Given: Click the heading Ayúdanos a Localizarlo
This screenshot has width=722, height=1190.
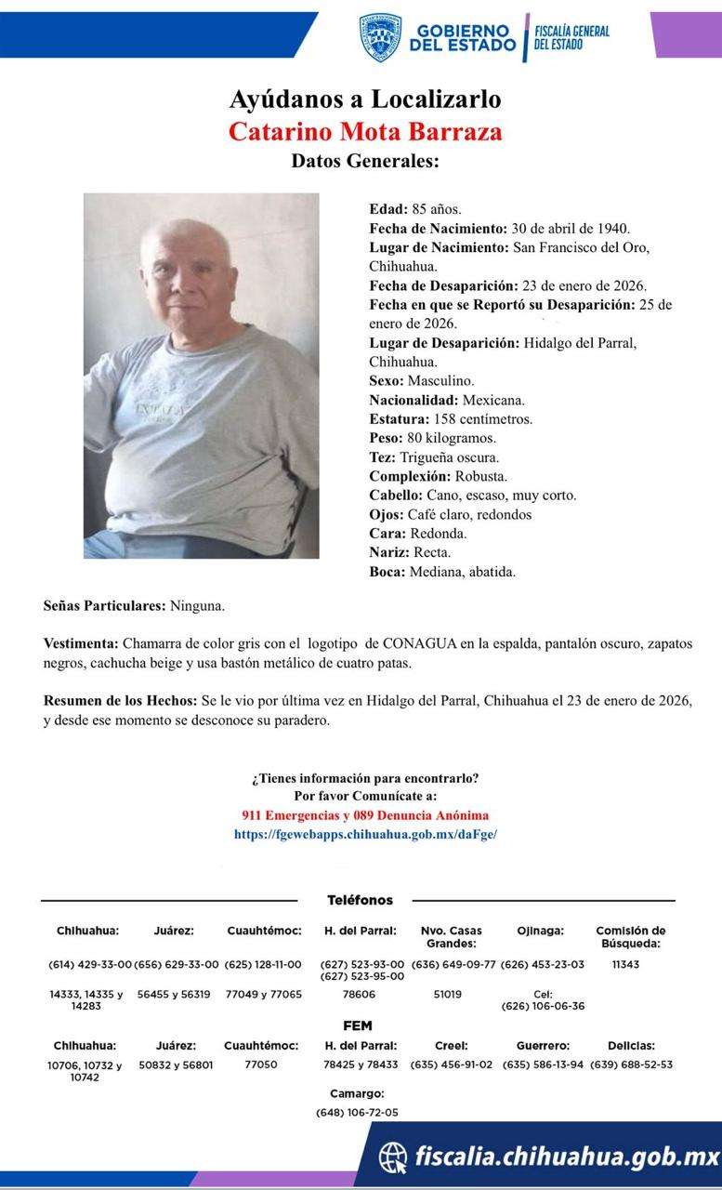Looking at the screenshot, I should [365, 99].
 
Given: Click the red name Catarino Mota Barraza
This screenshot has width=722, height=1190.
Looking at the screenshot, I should [365, 130].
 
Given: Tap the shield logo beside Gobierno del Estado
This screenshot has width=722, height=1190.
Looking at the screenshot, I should [380, 37].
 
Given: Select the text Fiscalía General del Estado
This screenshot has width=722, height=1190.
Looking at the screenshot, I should [571, 37].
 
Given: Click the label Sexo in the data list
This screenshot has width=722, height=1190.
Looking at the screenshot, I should [387, 380].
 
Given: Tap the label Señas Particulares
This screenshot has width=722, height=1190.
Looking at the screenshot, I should [104, 605].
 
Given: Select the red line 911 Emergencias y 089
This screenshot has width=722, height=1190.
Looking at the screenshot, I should [365, 815].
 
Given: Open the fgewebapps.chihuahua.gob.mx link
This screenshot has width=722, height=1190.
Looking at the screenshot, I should [365, 834].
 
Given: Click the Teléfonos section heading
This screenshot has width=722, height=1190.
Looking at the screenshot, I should [360, 900].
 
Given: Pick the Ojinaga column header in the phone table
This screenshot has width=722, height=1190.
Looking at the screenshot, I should [540, 930].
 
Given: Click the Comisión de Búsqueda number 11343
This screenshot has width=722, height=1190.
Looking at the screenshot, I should [625, 964].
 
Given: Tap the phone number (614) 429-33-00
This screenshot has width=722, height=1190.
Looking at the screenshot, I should [90, 964].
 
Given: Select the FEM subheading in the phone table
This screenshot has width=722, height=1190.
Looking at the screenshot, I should [358, 1025].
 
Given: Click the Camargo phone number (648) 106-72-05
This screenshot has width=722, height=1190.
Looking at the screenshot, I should [357, 1112].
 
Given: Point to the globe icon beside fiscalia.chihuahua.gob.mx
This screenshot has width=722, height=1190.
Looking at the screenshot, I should [393, 1157].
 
